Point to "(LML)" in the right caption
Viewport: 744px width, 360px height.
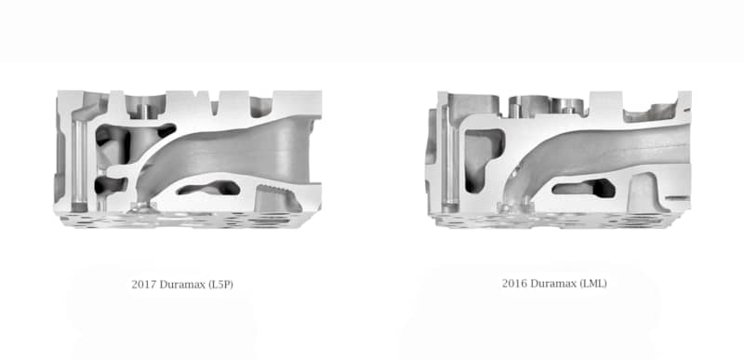click(591, 283)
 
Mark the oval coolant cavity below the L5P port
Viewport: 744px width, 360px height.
click(207, 189)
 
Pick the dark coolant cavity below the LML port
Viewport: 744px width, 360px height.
click(574, 189)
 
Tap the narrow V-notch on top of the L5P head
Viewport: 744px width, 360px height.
click(215, 106)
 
